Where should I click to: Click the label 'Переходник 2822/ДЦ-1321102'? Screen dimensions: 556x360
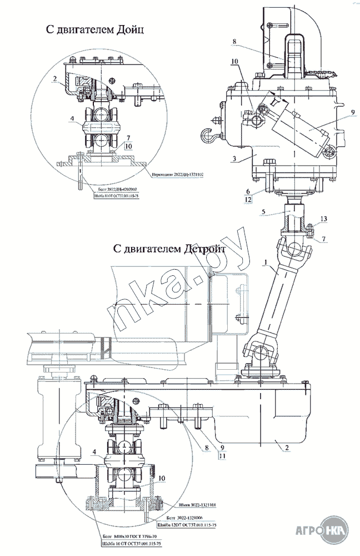[177, 174]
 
